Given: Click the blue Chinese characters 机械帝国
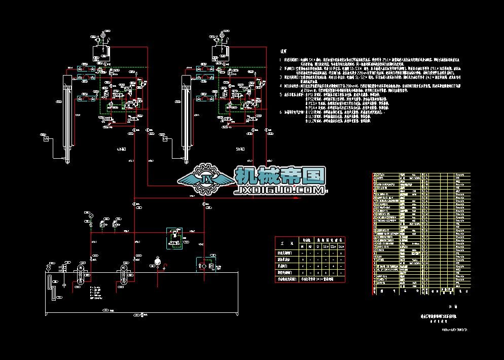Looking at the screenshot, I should pyautogui.click(x=280, y=176).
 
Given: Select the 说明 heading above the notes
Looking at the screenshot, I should pyautogui.click(x=284, y=51).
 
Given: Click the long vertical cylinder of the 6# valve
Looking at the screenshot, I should pyautogui.click(x=67, y=117).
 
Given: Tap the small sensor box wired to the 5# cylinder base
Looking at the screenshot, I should pyautogui.click(x=165, y=138).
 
